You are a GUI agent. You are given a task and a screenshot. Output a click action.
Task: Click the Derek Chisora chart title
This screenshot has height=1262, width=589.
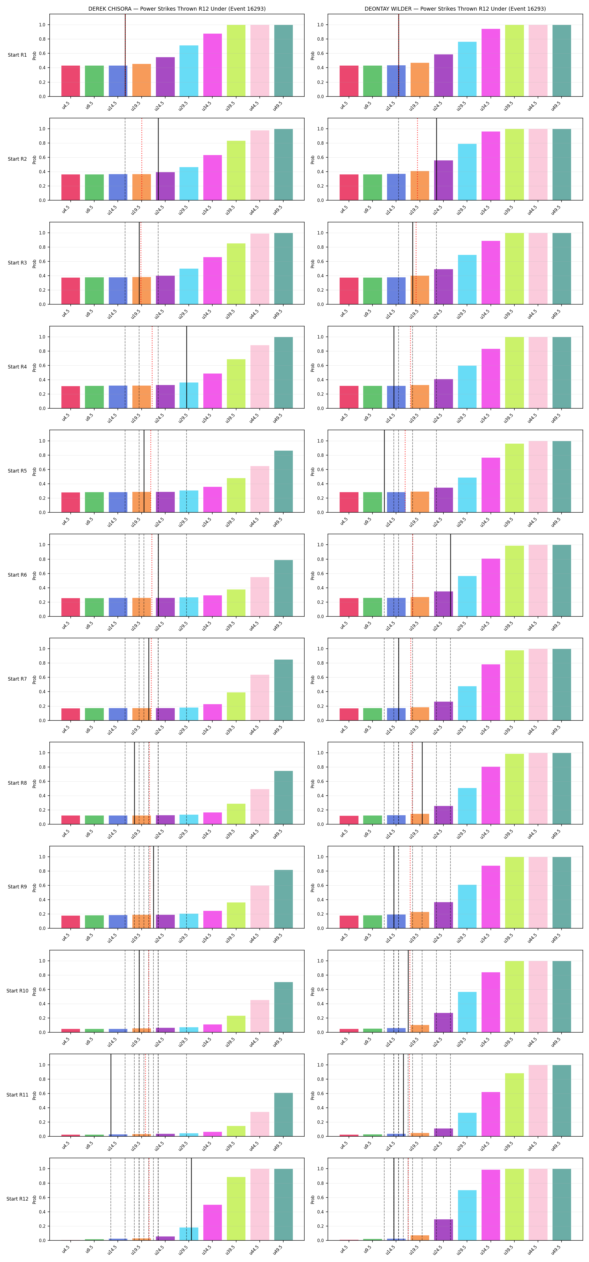click(x=177, y=9)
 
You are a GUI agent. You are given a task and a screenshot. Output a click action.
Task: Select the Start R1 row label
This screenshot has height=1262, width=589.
click(x=17, y=55)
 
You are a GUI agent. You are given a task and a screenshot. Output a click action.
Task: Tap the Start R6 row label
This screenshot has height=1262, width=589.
click(x=17, y=575)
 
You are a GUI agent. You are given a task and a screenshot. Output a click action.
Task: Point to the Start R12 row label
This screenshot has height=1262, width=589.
click(x=17, y=1199)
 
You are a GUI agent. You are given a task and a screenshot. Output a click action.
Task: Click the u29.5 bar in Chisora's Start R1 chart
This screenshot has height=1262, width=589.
click(x=189, y=71)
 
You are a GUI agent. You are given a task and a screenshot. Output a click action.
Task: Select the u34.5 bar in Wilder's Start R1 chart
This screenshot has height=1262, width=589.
click(x=491, y=63)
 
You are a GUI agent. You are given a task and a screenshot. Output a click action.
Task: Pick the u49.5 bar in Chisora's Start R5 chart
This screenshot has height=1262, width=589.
click(x=283, y=482)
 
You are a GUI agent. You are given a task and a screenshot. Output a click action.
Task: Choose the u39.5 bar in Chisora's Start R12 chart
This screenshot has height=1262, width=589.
click(x=236, y=1209)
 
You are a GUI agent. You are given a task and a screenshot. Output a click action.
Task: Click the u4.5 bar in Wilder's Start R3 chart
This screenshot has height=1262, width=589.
click(x=349, y=291)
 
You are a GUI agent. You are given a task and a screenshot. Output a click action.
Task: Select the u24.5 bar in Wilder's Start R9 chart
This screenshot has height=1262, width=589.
click(x=443, y=915)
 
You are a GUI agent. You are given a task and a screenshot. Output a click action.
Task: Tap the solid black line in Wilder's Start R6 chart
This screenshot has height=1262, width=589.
click(x=451, y=575)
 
